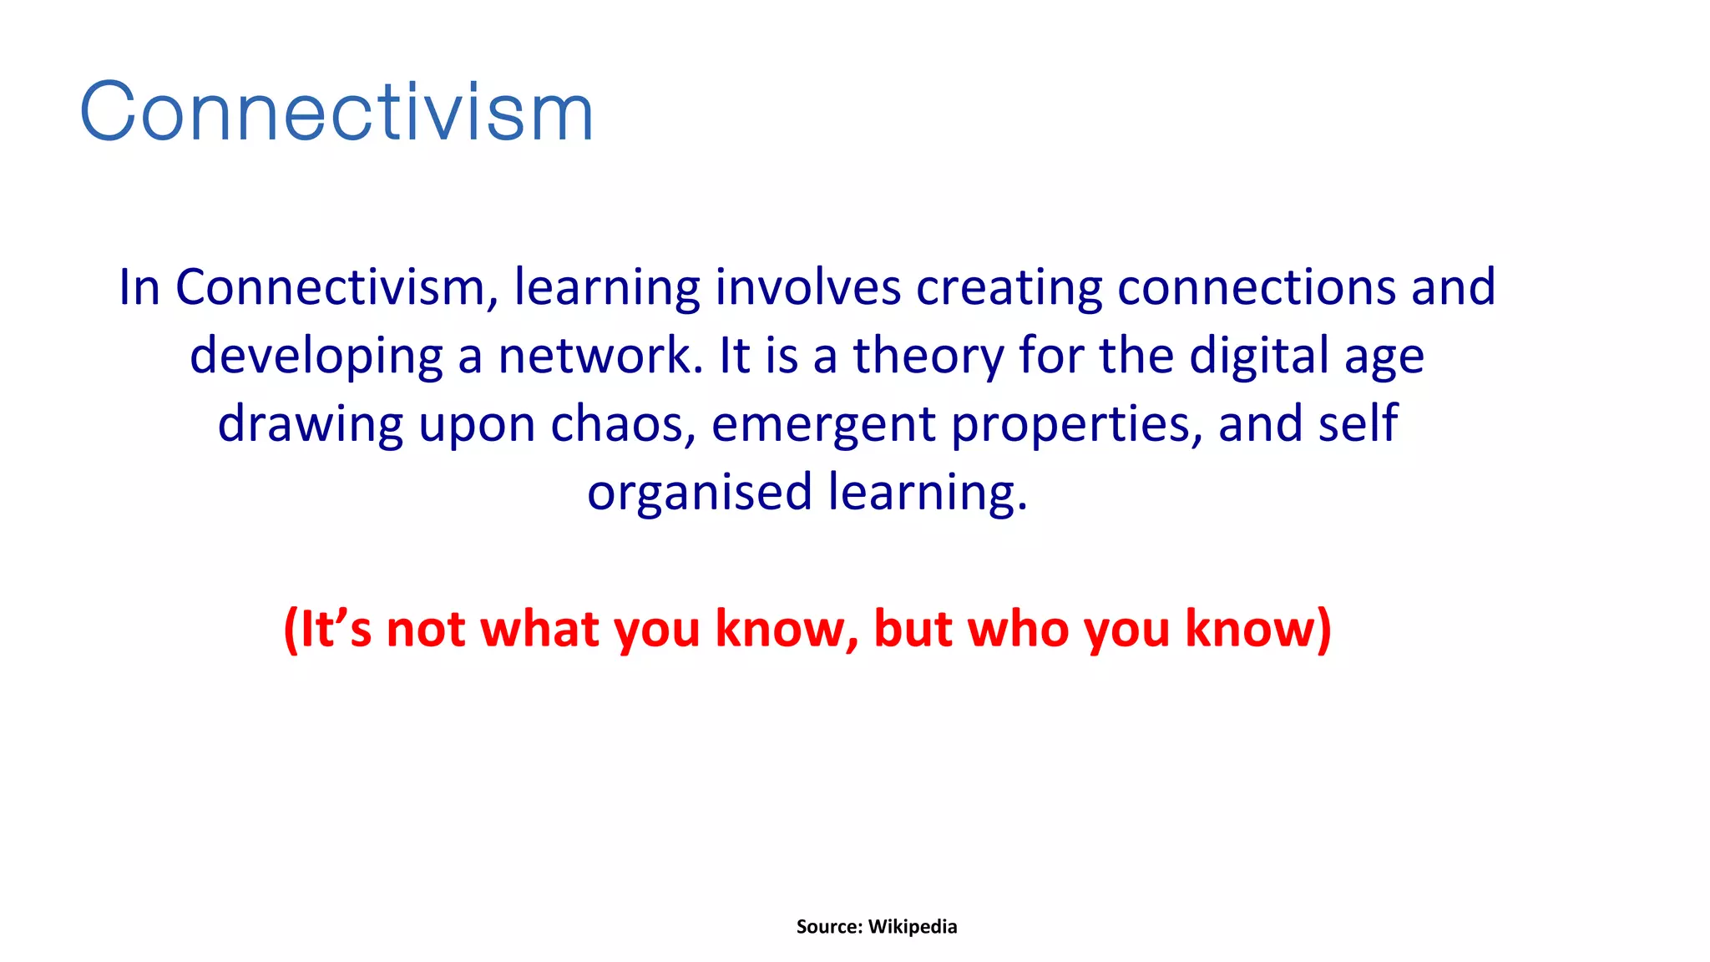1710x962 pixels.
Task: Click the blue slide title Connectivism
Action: coord(336,113)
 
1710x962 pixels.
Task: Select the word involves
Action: coord(807,288)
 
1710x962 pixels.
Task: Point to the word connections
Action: coord(1256,288)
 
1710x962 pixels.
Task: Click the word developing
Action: coord(316,357)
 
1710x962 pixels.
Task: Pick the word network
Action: coord(601,357)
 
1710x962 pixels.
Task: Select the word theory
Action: coord(928,357)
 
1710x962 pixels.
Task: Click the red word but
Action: coord(913,629)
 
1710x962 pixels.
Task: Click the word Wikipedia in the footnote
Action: coord(913,927)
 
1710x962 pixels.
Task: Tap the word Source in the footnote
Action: coord(828,927)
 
